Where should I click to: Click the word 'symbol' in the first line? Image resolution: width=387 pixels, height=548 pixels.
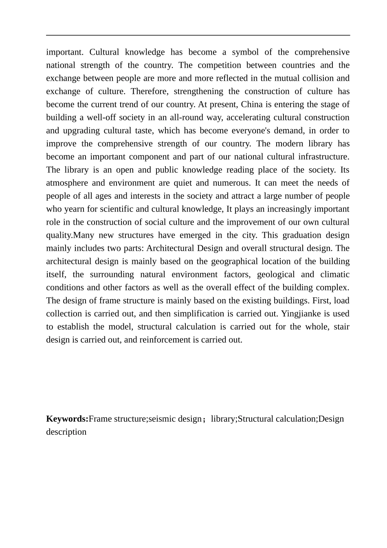pyautogui.click(x=245, y=52)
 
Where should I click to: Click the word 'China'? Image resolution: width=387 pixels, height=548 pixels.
pyautogui.click(x=252, y=104)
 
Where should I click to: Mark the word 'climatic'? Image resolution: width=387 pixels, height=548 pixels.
pyautogui.click(x=334, y=274)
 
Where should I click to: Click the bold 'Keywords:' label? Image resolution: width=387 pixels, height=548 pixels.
pyautogui.click(x=67, y=419)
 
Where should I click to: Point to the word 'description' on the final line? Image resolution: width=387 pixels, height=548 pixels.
pyautogui.click(x=66, y=432)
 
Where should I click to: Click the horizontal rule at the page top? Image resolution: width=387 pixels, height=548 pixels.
pyautogui.click(x=198, y=35)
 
